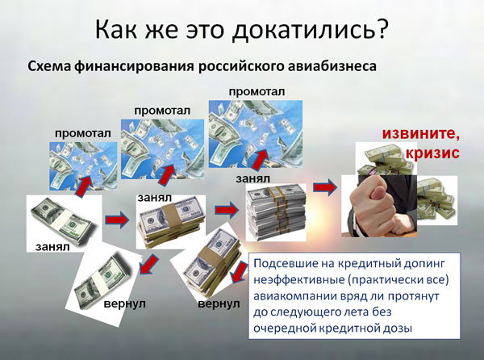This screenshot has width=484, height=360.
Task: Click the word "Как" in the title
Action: point(116,29)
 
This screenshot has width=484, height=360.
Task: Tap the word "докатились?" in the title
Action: point(310,30)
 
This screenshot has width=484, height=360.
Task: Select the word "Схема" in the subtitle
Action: point(49,66)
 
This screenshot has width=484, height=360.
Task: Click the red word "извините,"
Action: point(421,133)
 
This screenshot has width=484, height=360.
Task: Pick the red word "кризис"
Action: point(432,153)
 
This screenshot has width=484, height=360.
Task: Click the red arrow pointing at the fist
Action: point(325,187)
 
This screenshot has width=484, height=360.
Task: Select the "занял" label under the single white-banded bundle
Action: point(52,247)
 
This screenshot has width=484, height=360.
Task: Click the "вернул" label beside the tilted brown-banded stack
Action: point(219,303)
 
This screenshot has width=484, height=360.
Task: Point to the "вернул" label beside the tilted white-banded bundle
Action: point(125,303)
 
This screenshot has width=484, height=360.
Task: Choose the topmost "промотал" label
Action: point(257,92)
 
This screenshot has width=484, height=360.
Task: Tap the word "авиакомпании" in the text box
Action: point(296,296)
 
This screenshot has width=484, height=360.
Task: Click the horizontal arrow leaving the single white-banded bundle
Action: point(117,220)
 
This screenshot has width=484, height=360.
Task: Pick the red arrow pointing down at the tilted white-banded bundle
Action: point(148,264)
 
